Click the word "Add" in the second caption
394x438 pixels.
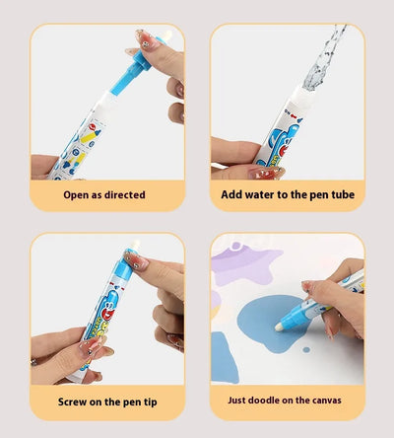pyautogui.click(x=232, y=194)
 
